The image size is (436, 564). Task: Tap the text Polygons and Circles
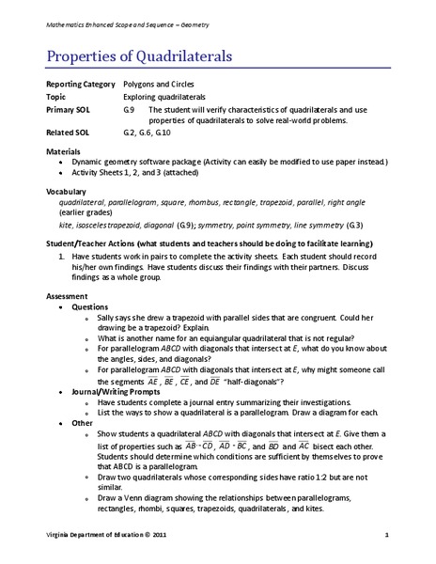[x=162, y=85]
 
